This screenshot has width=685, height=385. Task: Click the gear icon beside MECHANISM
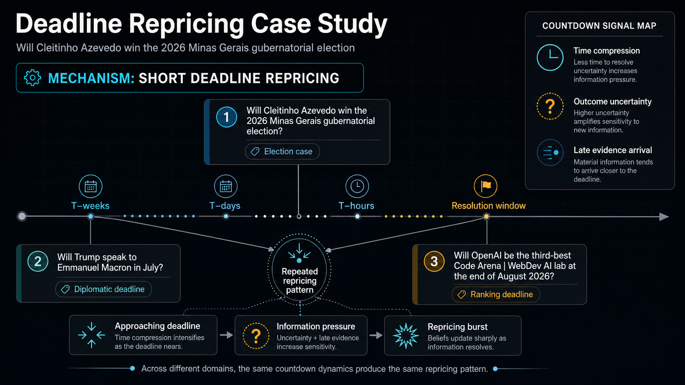(32, 78)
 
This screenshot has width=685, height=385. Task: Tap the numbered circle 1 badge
(226, 117)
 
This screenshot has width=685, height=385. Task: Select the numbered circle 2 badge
(38, 262)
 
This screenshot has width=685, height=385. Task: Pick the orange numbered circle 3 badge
(434, 261)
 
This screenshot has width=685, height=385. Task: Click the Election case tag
(282, 151)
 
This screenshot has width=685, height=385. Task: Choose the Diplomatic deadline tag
(104, 289)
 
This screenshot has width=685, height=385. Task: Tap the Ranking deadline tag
(496, 294)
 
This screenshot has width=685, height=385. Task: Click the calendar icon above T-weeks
(91, 186)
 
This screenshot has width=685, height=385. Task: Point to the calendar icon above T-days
(226, 186)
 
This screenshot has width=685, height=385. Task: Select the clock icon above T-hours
(357, 186)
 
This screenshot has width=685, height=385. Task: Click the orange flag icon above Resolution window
(485, 186)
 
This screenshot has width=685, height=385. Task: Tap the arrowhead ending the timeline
(664, 217)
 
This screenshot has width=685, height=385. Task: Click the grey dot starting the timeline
(22, 216)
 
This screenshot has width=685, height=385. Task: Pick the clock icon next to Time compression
(550, 57)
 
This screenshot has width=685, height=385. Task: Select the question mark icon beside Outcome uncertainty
(550, 106)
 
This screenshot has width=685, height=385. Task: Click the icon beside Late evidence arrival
(550, 152)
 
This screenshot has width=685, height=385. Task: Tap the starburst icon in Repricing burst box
(406, 335)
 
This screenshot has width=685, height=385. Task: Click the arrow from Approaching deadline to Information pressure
(227, 335)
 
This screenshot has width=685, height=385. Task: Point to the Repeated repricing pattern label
(300, 281)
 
